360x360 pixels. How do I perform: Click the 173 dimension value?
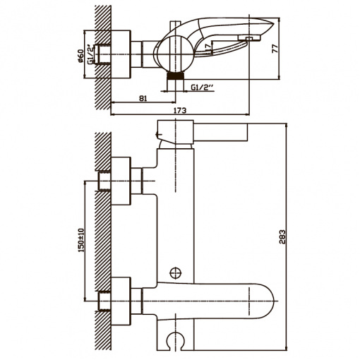click(181, 111)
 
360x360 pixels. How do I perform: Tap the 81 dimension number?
click(143, 98)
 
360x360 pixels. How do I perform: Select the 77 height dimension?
click(275, 48)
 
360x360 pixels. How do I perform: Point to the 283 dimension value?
click(282, 236)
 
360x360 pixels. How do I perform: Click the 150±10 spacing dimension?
click(81, 240)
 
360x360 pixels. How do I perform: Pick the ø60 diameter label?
click(80, 56)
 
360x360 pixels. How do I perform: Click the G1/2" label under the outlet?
click(202, 88)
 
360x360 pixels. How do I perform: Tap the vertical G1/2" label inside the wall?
click(91, 54)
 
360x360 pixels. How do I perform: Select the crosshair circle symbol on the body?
click(176, 273)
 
